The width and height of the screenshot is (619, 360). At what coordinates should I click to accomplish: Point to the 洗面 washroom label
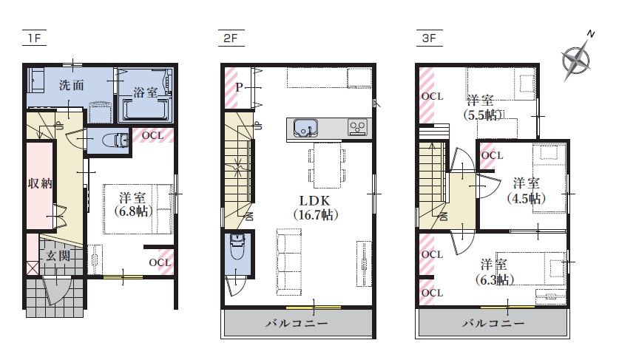click(71, 85)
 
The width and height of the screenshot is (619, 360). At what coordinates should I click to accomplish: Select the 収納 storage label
click(40, 183)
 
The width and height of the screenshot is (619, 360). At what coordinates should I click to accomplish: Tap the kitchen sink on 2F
click(304, 128)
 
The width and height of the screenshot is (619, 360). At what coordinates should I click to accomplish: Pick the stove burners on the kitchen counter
click(356, 127)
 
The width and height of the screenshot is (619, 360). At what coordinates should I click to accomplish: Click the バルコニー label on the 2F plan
click(297, 323)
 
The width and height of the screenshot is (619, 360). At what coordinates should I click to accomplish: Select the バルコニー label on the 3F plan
click(494, 323)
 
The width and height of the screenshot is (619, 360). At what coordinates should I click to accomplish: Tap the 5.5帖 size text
click(482, 115)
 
